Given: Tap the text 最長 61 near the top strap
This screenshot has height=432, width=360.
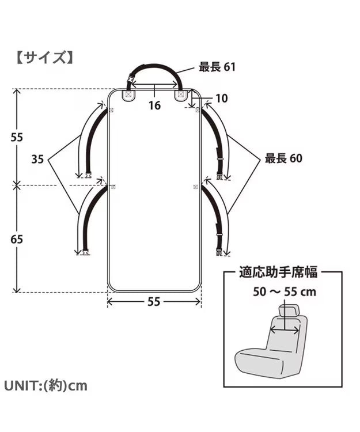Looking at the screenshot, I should (x=217, y=67).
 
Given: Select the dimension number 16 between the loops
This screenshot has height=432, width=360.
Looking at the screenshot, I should (x=154, y=105).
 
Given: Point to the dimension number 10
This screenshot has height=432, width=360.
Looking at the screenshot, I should (x=221, y=99).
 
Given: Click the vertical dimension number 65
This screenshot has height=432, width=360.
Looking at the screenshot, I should (x=17, y=238).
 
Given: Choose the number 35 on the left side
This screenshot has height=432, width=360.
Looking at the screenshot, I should (x=37, y=160).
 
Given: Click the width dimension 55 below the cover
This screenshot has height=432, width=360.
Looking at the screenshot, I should (x=154, y=301).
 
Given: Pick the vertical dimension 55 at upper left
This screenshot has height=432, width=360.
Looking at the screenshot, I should (x=17, y=137).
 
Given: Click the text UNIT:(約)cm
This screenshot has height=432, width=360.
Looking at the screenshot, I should (x=46, y=385).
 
